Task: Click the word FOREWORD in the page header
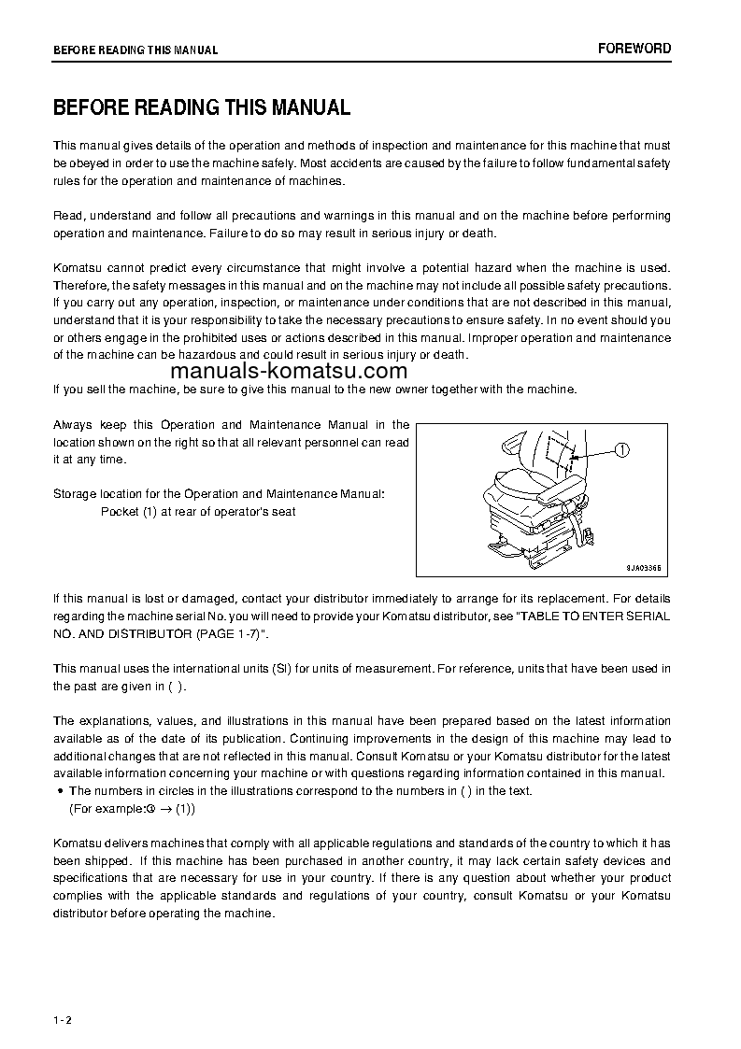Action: (x=634, y=49)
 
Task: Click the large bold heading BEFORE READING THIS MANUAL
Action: (x=202, y=107)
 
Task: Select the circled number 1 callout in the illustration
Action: (x=622, y=450)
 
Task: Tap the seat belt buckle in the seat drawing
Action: (x=591, y=535)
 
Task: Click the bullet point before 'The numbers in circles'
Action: (x=59, y=791)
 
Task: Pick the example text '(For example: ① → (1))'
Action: (x=133, y=809)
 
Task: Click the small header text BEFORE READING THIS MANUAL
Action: (x=135, y=50)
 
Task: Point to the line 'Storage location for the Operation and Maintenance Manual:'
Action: (x=218, y=493)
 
